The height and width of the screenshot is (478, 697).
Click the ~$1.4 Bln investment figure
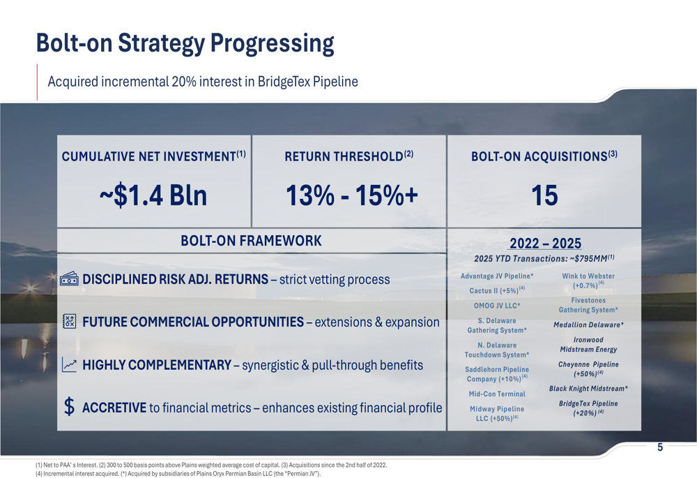click(153, 195)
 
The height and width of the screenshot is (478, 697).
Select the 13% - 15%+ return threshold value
click(351, 195)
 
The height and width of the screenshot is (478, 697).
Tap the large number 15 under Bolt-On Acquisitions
click(544, 195)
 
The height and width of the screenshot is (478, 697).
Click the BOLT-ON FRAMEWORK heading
click(251, 241)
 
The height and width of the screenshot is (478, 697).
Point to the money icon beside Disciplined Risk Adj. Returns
click(69, 279)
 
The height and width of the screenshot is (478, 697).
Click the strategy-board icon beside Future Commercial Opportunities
click(69, 321)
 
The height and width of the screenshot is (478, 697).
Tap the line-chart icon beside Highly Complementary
click(69, 364)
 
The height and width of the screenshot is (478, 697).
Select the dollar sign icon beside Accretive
click(69, 407)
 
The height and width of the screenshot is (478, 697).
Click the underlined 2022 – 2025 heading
click(545, 244)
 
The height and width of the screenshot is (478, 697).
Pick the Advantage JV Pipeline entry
click(497, 276)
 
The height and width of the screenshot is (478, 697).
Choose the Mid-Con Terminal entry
click(497, 394)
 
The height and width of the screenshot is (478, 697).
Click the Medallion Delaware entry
click(588, 325)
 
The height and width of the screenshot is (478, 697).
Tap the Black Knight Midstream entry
click(588, 389)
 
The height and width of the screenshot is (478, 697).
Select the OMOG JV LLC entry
click(497, 306)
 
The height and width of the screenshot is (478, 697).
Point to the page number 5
click(660, 447)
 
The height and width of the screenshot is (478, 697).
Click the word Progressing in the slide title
click(272, 44)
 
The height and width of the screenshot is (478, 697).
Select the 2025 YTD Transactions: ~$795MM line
click(544, 259)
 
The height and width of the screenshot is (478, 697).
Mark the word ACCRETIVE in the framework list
click(114, 408)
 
